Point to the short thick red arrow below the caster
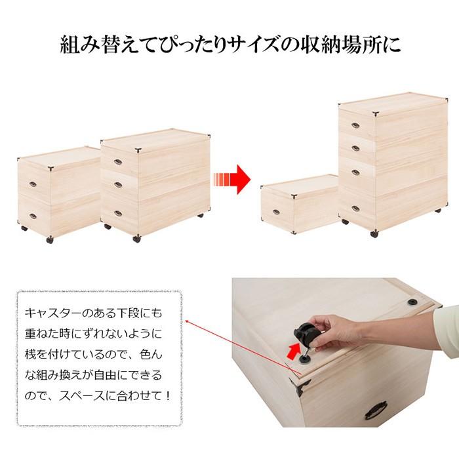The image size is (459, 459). click(291, 353)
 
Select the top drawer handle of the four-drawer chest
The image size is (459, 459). click(355, 125)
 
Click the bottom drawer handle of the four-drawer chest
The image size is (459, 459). click(355, 209)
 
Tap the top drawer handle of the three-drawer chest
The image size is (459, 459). click(118, 161)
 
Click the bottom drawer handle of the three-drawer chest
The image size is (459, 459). click(118, 212)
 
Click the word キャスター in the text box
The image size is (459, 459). click(52, 313)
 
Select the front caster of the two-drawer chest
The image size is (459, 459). click(49, 240)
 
